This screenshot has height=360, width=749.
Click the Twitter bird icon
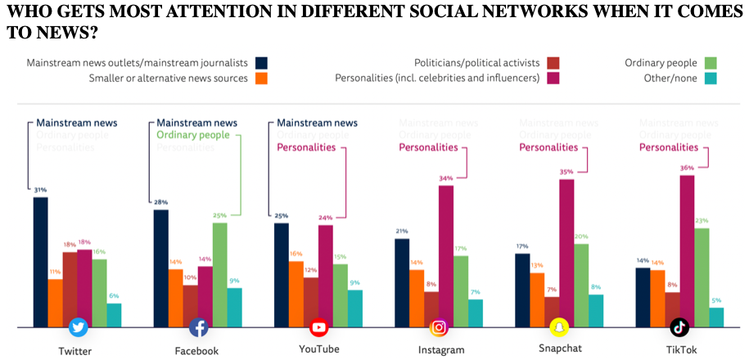tap(79, 327)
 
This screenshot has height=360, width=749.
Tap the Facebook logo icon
tap(198, 327)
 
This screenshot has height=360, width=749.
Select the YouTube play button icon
tap(319, 327)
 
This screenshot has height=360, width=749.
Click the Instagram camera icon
tap(440, 327)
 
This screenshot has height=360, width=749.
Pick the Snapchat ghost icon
tap(560, 327)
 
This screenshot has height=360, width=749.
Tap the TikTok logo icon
tap(679, 327)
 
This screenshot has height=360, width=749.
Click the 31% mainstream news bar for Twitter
tap(40, 262)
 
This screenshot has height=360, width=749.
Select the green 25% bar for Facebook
tap(219, 274)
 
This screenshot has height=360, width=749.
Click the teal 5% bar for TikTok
tap(716, 317)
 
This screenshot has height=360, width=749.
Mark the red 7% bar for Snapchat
tap(552, 312)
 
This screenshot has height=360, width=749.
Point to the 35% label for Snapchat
tap(566, 172)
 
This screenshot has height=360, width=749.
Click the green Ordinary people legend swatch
tap(711, 62)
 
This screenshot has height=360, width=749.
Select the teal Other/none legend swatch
tap(711, 78)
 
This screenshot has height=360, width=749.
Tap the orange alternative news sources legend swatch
tap(261, 79)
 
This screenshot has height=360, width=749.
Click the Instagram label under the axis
tap(440, 350)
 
